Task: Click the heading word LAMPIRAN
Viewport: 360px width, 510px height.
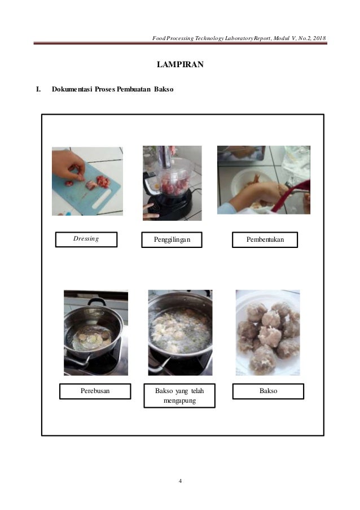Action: click(x=180, y=64)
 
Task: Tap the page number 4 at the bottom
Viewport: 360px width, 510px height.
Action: click(x=180, y=481)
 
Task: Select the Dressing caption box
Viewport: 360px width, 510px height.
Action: click(x=86, y=239)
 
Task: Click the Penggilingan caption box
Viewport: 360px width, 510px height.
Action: click(x=172, y=239)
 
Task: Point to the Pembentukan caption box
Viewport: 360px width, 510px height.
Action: click(x=265, y=239)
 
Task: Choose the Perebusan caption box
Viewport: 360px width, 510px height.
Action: click(x=95, y=391)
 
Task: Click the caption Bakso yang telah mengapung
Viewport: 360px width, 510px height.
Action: click(x=179, y=395)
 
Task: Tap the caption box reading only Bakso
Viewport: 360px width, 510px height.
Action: click(x=268, y=391)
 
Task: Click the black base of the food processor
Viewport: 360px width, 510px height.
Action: click(x=169, y=205)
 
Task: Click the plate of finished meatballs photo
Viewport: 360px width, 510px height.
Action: click(x=267, y=333)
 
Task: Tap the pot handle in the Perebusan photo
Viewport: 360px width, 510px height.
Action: click(x=96, y=301)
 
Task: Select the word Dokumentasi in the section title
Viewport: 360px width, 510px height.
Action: click(x=72, y=89)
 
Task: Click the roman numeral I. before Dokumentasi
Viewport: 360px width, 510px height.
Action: click(x=38, y=89)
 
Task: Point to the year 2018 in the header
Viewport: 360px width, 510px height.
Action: click(x=319, y=38)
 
